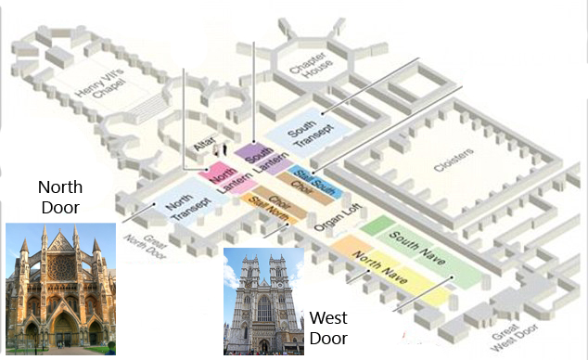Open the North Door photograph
pos(60,289)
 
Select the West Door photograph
pos(263,301)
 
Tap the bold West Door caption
pos(328,328)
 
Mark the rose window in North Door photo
pos(62,266)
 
